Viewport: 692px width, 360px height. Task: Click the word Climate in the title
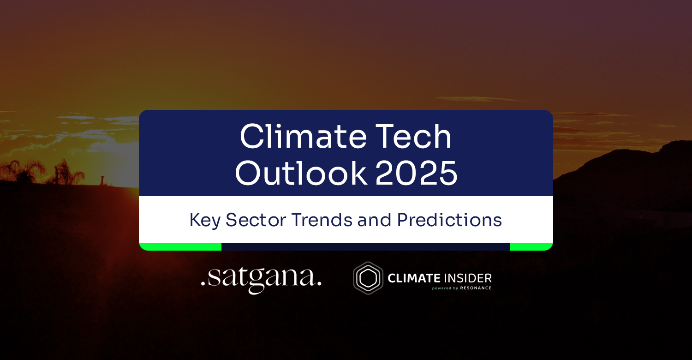(x=303, y=136)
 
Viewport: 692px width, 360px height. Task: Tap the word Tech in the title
(x=413, y=136)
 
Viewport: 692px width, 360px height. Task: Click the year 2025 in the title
(x=416, y=173)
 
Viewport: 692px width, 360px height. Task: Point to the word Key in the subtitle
(x=205, y=220)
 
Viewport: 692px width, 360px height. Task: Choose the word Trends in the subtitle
(x=322, y=220)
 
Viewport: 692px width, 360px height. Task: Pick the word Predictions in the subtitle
(x=449, y=220)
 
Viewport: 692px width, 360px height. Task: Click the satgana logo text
(x=261, y=279)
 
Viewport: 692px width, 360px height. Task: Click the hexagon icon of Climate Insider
(x=368, y=278)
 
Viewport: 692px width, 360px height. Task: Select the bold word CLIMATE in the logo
(x=414, y=278)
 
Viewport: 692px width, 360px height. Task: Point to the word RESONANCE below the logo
(x=476, y=288)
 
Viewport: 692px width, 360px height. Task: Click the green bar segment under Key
(x=180, y=247)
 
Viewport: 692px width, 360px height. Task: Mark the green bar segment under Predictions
(x=531, y=247)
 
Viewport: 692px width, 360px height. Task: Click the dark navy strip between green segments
(x=366, y=247)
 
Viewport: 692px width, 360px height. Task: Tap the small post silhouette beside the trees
(x=102, y=180)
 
